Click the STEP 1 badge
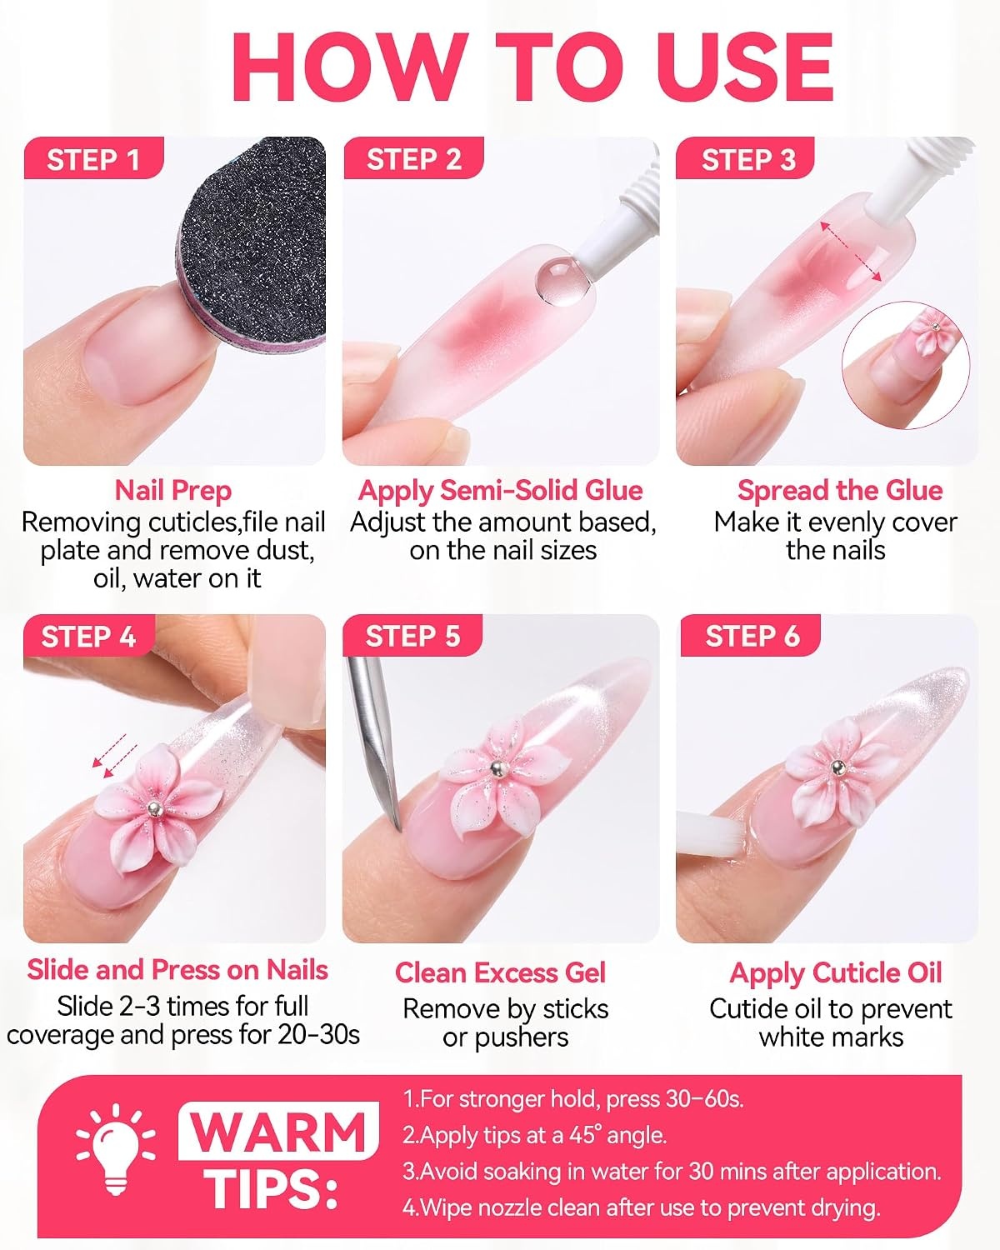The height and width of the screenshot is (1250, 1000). click(93, 158)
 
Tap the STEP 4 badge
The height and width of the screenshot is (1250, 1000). click(88, 636)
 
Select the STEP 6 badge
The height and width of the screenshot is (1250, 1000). click(752, 636)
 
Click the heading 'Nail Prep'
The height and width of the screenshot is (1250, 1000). click(173, 492)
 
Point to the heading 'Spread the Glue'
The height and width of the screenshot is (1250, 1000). click(840, 491)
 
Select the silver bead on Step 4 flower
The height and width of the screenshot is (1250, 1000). click(152, 808)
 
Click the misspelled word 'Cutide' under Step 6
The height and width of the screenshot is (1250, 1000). click(747, 1009)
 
